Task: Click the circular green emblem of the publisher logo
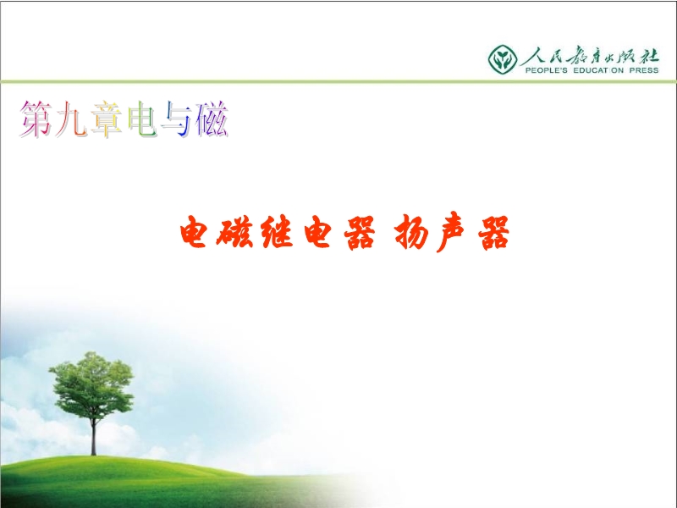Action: pos(503,59)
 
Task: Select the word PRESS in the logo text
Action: pos(644,70)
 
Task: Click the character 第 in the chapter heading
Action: pos(36,119)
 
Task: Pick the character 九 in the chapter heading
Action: pos(71,119)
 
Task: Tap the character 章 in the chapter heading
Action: pos(107,119)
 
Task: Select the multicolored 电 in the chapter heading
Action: pos(141,119)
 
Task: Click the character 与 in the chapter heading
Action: pos(176,119)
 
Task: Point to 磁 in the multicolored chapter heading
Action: pos(212,119)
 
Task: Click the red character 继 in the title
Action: pos(278,232)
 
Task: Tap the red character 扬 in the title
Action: pos(410,232)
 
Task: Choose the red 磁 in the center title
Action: pos(237,232)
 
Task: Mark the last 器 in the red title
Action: pos(493,233)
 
